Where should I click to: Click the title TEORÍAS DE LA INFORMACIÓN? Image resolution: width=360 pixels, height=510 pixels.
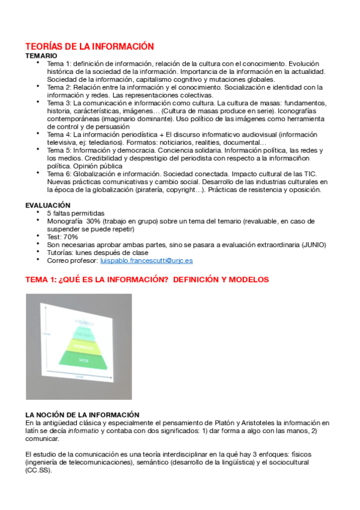click(x=90, y=46)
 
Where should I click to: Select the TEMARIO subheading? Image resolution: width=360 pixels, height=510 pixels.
click(x=41, y=55)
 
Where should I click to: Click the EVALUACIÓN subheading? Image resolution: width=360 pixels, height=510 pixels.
click(x=47, y=205)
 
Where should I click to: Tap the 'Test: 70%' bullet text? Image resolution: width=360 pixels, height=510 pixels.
click(x=63, y=237)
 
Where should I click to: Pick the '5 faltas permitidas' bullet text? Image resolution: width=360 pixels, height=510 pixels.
click(x=75, y=214)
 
